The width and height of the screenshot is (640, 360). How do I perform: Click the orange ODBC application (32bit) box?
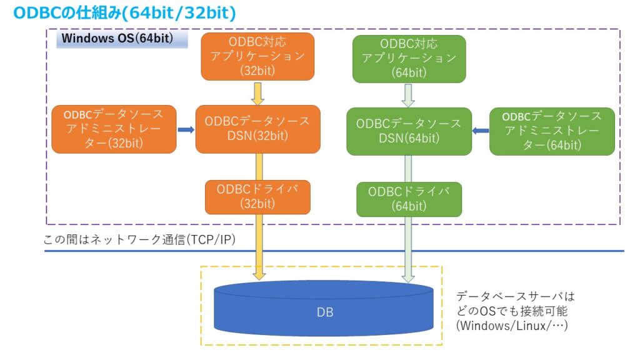coord(257,56)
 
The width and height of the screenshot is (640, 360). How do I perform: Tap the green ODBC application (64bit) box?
coord(409,59)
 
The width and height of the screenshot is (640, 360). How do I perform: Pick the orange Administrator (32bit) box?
coord(114,129)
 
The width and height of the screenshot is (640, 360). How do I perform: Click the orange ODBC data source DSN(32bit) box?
coord(257,129)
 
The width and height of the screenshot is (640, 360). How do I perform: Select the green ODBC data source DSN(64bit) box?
coord(409,131)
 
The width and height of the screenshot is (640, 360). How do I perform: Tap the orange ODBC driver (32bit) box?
coord(257,196)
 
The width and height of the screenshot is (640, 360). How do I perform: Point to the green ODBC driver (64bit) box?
coord(409,199)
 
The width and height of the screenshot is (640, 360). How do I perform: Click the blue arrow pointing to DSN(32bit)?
coord(186,129)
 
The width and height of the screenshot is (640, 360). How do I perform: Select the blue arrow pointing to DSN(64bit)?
coord(480,131)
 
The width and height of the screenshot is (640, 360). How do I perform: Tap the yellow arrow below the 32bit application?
coord(257,94)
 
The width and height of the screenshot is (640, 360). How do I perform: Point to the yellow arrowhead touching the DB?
coord(259,274)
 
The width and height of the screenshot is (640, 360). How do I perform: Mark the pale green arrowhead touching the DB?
coord(409,274)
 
